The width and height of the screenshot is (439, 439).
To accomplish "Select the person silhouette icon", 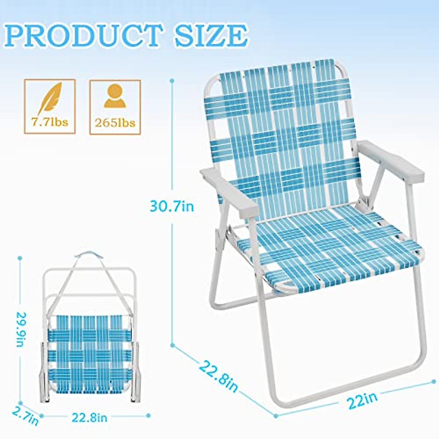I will coord(115,96).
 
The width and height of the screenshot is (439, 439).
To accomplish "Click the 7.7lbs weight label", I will coord(50,122).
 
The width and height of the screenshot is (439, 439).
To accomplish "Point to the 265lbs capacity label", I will coord(115,123).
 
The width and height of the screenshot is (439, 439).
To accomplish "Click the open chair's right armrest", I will coord(390,161).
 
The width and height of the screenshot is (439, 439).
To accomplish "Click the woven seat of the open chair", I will coord(329,249).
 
